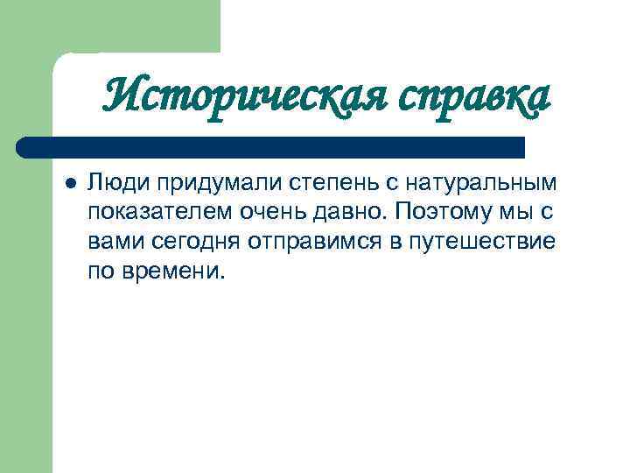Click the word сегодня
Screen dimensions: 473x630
[179, 242]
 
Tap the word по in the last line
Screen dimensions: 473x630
[98, 270]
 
